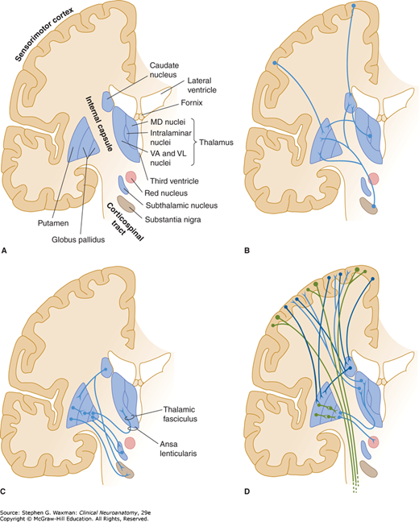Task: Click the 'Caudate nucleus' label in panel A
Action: point(164,70)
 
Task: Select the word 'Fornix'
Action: point(192,103)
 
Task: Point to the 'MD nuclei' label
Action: point(168,122)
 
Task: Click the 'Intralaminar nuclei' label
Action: point(171,138)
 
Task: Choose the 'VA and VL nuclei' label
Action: point(168,158)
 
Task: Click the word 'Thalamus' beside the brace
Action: point(216,143)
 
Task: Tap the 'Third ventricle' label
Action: point(174,181)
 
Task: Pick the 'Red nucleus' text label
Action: point(166,193)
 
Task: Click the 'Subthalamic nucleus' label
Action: point(181,205)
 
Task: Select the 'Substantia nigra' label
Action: point(173,219)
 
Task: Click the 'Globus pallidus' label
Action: point(78,239)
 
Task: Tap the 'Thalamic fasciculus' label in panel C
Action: point(180,414)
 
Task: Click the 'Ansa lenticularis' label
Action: point(178,449)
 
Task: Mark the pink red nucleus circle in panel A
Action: point(131,177)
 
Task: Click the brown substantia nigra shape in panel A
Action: point(127,204)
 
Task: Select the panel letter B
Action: point(247,251)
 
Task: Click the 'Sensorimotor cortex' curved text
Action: point(44,35)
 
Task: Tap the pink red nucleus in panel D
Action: point(373,442)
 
